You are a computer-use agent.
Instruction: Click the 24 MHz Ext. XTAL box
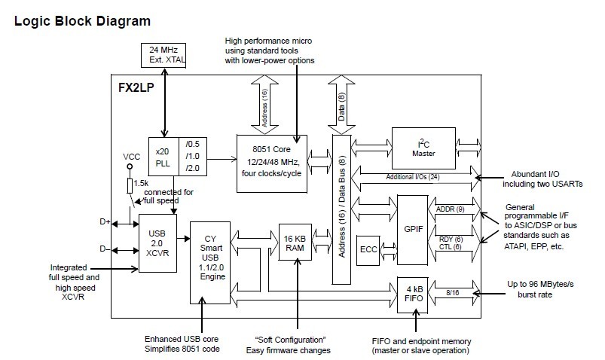pyautogui.click(x=163, y=55)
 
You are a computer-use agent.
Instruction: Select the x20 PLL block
pyautogui.click(x=163, y=157)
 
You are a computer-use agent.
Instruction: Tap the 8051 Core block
pyautogui.click(x=272, y=163)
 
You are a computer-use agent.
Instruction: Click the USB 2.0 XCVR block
pyautogui.click(x=157, y=243)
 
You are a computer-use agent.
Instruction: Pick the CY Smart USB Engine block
pyautogui.click(x=210, y=262)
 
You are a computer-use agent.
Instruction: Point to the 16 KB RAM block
pyautogui.click(x=295, y=242)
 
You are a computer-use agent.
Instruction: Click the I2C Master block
pyautogui.click(x=423, y=148)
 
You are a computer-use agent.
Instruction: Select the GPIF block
pyautogui.click(x=412, y=230)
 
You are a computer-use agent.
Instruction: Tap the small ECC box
pyautogui.click(x=368, y=250)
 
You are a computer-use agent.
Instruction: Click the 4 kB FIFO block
pyautogui.click(x=413, y=294)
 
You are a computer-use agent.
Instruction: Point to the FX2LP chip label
pyautogui.click(x=136, y=87)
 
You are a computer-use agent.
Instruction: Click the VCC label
pyautogui.click(x=131, y=157)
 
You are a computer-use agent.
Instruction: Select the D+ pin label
pyautogui.click(x=105, y=222)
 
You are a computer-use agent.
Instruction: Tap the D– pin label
pyautogui.click(x=105, y=249)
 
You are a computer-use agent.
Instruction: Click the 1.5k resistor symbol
pyautogui.click(x=130, y=185)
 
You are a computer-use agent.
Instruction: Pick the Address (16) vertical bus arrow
pyautogui.click(x=264, y=105)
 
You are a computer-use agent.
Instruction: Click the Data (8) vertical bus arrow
pyautogui.click(x=341, y=105)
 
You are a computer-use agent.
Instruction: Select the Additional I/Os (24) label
pyautogui.click(x=413, y=177)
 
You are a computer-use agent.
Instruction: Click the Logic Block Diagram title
pyautogui.click(x=82, y=21)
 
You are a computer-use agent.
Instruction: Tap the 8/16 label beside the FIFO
pyautogui.click(x=453, y=293)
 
